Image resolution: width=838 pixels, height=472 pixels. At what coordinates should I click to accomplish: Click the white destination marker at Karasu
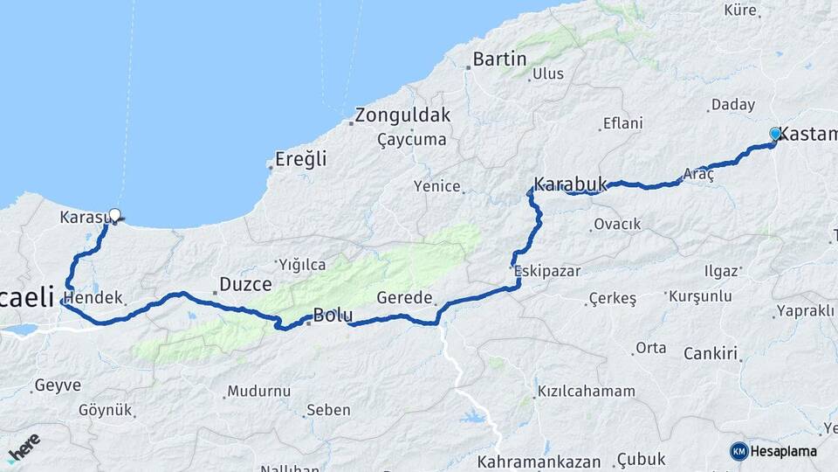coord(114,215)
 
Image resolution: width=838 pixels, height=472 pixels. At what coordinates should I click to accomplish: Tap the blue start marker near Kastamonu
coord(775,134)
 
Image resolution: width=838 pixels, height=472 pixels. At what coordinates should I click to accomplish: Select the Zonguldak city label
coord(402,115)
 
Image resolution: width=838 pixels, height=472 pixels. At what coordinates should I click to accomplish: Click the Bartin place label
coord(499,59)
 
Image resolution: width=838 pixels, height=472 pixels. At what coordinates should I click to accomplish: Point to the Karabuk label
coord(570,184)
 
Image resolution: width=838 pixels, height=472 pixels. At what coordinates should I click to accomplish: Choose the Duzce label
coord(245,283)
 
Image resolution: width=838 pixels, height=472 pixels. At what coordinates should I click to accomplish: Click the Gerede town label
coord(404,298)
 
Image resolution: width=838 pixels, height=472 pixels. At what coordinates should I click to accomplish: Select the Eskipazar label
coord(547,271)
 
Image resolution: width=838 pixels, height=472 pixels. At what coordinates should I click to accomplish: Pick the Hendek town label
coord(93,297)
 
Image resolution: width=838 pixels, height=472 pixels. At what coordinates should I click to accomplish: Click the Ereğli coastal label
coord(300,159)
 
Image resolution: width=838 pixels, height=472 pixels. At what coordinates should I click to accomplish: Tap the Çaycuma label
coord(411,140)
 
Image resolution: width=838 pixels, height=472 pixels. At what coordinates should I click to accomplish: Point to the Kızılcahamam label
coord(586,391)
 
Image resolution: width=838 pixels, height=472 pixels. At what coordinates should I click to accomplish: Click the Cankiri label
coord(711,354)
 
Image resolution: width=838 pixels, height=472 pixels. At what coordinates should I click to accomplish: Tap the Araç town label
coord(698,174)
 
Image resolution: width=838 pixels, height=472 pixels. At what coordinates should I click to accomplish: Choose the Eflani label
coord(622,123)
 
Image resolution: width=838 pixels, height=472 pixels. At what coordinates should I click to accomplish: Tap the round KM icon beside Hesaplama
coord(739,451)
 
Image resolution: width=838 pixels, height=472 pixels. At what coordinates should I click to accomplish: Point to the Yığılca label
coord(301,264)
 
